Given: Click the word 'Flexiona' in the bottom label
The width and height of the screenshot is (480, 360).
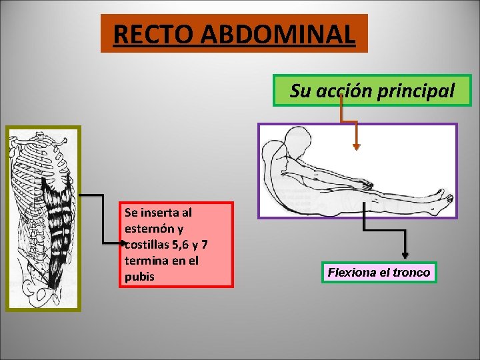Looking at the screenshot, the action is coord(353,273).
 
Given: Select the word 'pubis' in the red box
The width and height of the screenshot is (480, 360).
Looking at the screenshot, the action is coord(139,276).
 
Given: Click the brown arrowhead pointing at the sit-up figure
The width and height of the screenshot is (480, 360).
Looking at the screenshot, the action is coord(357,147).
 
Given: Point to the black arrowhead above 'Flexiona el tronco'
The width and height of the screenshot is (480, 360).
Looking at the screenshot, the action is coord(405,255).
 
